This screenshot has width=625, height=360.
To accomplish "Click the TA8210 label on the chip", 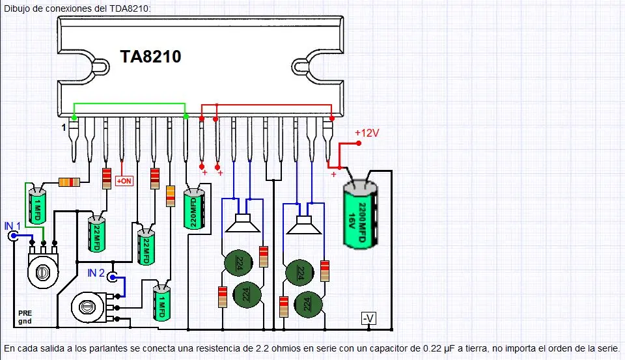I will point(150,57).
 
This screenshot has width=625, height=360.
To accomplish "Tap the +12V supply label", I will point(367,133).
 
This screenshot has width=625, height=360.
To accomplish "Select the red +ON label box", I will point(124,180).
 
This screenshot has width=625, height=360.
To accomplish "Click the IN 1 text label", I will point(13,225).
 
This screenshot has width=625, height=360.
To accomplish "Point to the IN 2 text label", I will point(96,273).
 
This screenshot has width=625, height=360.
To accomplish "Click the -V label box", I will point(368,318).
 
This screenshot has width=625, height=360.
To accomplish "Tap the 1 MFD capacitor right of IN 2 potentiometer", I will point(161,304).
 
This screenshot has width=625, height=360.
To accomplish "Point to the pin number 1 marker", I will point(64,128).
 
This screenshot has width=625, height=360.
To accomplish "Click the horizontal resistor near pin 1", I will point(69,182).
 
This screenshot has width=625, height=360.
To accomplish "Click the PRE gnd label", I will point(25,318).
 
